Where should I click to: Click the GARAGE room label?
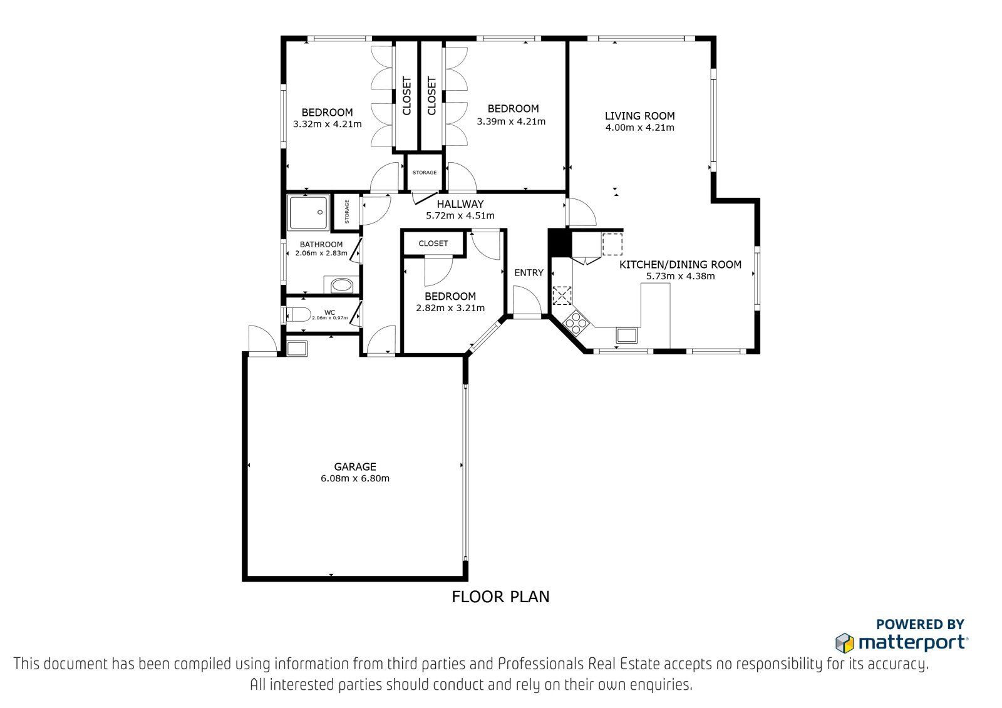tap(354, 467)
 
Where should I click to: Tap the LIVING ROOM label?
tap(639, 116)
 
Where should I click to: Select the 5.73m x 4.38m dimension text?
tap(680, 277)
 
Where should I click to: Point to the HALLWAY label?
tap(460, 205)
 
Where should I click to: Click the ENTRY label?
tap(529, 273)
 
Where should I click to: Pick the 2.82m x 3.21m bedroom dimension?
tap(450, 308)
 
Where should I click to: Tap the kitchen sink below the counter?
tap(627, 335)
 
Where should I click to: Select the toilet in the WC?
tap(298, 315)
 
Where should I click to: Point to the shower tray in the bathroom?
tap(309, 212)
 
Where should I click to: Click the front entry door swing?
tap(527, 302)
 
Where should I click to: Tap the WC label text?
tap(329, 312)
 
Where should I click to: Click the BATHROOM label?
tap(321, 245)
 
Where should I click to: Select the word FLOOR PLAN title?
tap(500, 597)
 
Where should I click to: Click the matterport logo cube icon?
tap(845, 643)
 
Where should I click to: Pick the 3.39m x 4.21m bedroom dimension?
tap(511, 121)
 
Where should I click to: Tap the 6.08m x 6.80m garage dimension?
tap(354, 478)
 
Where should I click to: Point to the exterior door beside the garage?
tap(262, 341)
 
